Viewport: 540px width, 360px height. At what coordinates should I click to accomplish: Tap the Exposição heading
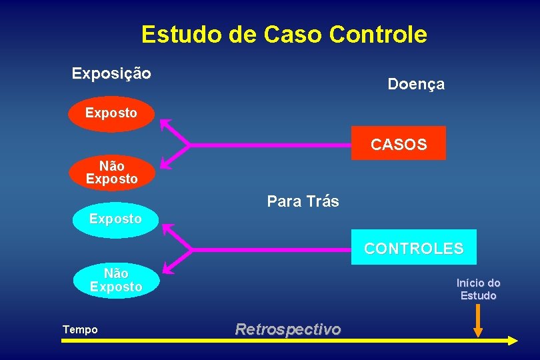pyautogui.click(x=111, y=73)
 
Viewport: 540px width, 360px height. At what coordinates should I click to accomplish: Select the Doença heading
pyautogui.click(x=416, y=84)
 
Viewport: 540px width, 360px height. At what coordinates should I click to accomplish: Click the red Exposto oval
pyautogui.click(x=111, y=113)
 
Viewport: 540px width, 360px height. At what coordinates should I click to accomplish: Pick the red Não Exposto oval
pyautogui.click(x=111, y=172)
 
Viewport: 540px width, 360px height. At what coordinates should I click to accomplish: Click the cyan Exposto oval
pyautogui.click(x=115, y=219)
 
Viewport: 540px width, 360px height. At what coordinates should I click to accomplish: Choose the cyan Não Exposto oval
pyautogui.click(x=116, y=280)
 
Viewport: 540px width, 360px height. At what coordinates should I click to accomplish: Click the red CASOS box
pyautogui.click(x=399, y=144)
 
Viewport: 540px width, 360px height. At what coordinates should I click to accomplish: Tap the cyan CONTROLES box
pyautogui.click(x=413, y=248)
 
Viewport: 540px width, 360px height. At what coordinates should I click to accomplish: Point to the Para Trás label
pyautogui.click(x=303, y=201)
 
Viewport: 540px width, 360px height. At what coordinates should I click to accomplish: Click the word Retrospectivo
pyautogui.click(x=287, y=329)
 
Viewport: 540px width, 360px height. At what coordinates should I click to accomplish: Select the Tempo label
pyautogui.click(x=80, y=329)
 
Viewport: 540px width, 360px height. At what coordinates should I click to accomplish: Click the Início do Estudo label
pyautogui.click(x=478, y=289)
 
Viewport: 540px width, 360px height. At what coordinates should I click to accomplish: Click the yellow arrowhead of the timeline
pyautogui.click(x=511, y=340)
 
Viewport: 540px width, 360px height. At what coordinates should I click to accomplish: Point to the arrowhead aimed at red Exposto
pyautogui.click(x=164, y=124)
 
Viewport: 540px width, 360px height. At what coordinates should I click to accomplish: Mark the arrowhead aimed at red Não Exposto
pyautogui.click(x=164, y=161)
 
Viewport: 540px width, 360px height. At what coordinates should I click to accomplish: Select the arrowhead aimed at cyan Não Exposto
pyautogui.click(x=167, y=267)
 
